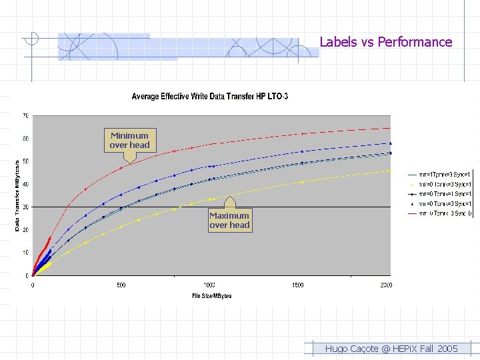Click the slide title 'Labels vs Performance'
[x=385, y=42]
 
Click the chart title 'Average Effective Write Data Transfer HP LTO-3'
[x=209, y=97]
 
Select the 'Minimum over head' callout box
[x=129, y=140]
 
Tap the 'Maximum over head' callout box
[x=229, y=220]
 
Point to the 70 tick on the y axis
[x=25, y=116]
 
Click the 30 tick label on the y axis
[x=25, y=207]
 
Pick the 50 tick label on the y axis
[x=25, y=161]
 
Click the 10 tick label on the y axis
[x=25, y=253]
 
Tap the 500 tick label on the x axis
[x=121, y=285]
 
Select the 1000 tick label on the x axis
[x=209, y=285]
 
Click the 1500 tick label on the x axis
[x=297, y=285]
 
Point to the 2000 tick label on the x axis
[x=385, y=285]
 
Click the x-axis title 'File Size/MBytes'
[x=211, y=295]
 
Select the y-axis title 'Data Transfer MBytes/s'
[x=17, y=195]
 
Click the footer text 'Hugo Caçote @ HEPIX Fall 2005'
[x=391, y=349]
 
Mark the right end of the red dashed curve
[x=390, y=128]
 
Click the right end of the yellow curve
[x=390, y=171]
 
